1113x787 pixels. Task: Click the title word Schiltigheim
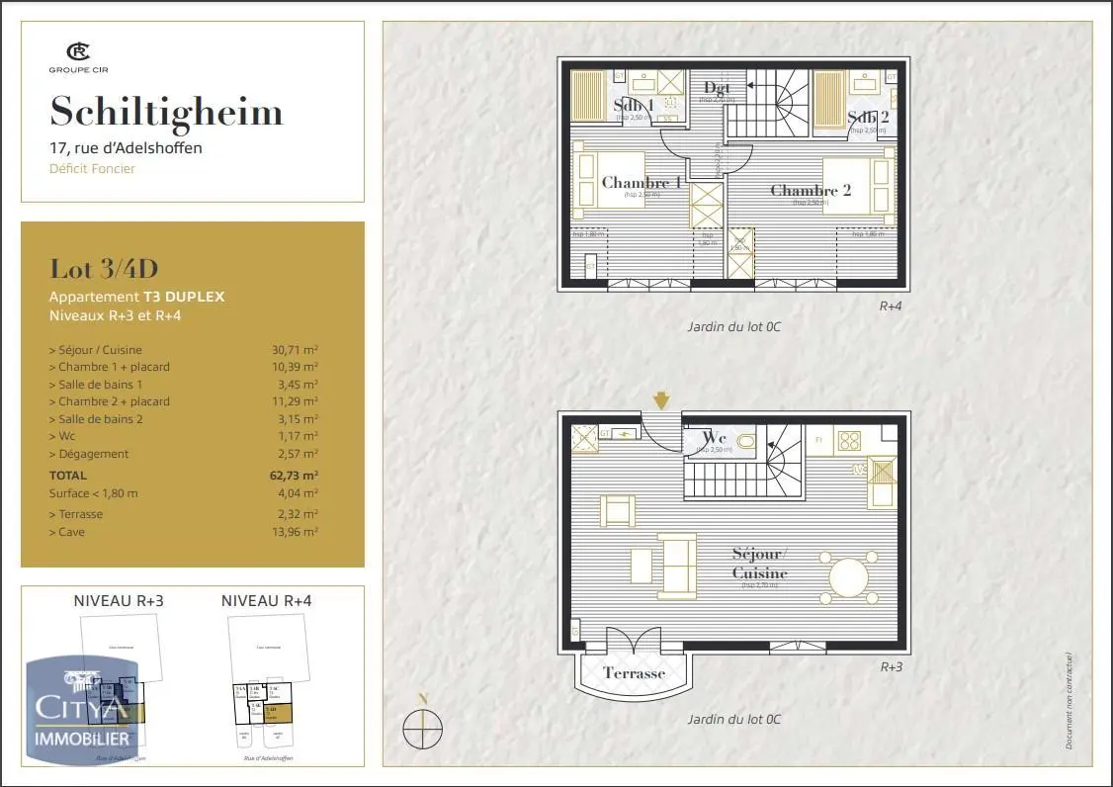(166, 112)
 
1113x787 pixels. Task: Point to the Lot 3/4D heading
(104, 269)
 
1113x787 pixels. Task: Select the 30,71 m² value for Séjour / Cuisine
(295, 349)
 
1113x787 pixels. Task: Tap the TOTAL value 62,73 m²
(294, 476)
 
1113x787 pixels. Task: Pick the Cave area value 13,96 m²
(295, 532)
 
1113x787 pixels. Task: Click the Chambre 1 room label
(642, 182)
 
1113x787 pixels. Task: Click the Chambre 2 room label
(811, 190)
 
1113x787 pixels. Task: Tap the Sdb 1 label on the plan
(633, 105)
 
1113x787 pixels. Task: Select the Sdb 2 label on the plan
(868, 119)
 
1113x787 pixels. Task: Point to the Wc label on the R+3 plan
(714, 437)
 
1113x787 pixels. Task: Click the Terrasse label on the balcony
(634, 673)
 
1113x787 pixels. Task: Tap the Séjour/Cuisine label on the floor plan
(760, 564)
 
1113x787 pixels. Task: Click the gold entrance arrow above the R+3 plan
(661, 399)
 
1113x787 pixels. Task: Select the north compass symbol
(423, 729)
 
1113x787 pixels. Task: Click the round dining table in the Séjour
(852, 577)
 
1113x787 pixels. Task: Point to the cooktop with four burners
(849, 440)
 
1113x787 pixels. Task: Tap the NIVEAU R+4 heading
(267, 600)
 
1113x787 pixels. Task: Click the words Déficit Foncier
(92, 168)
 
